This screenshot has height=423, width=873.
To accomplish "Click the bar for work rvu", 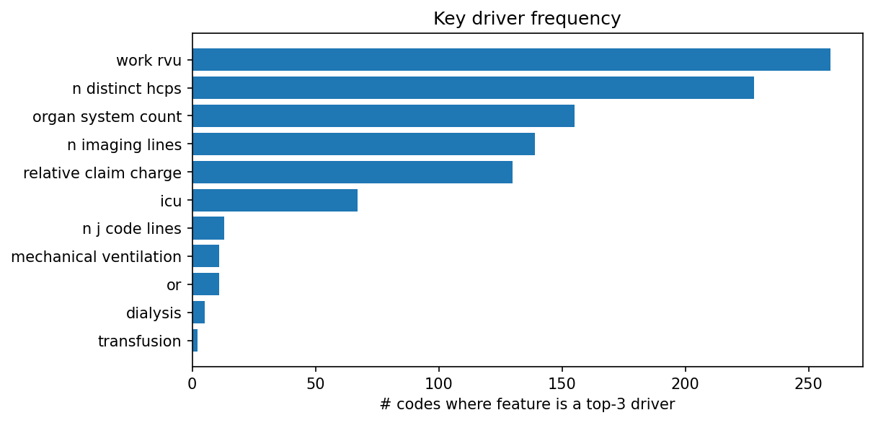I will [x=511, y=60].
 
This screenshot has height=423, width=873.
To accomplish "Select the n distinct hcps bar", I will [x=473, y=88].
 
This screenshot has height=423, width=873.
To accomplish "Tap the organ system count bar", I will [x=383, y=116].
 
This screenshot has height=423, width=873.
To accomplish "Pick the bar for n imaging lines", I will [x=363, y=144].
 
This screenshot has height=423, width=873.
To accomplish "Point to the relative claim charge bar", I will [x=352, y=173].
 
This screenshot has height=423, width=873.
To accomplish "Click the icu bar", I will [x=275, y=201].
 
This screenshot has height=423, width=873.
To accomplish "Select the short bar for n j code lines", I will [x=208, y=229].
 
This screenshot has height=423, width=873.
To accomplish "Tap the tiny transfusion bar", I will [x=195, y=341].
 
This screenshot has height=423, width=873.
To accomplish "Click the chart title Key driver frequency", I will [x=527, y=19].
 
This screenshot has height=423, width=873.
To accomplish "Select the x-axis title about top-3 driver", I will [x=527, y=405].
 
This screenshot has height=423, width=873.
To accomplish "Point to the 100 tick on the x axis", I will [x=439, y=382].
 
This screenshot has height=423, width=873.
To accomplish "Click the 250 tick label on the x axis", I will [x=808, y=382].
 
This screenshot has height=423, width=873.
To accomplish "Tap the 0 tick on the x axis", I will [x=192, y=382].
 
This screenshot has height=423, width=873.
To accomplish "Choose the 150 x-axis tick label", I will [x=562, y=382].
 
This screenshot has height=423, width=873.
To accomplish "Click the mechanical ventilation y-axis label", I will [x=97, y=257].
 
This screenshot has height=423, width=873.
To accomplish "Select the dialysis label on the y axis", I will [x=154, y=313].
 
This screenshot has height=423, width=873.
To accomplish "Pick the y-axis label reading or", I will [x=174, y=285].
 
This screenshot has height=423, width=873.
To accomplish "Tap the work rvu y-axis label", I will [x=149, y=60].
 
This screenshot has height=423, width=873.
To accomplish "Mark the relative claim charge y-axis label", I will [x=102, y=173].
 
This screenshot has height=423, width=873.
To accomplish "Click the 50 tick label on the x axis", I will [x=316, y=382].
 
